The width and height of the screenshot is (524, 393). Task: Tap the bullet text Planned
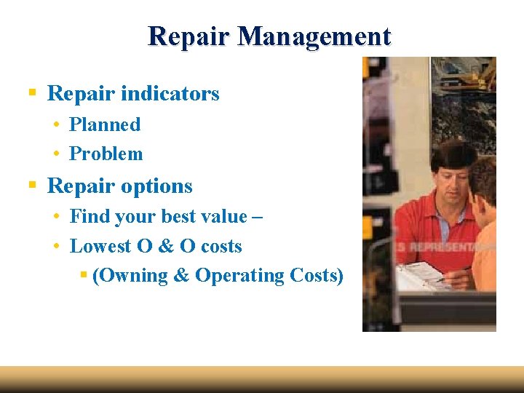click(x=105, y=124)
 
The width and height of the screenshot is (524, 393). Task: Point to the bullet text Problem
click(x=106, y=154)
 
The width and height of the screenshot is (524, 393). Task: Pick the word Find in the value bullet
click(x=87, y=216)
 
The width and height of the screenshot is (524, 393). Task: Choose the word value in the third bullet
click(x=218, y=216)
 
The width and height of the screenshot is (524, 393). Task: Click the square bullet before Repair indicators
click(x=32, y=93)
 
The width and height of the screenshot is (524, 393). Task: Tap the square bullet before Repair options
click(x=32, y=186)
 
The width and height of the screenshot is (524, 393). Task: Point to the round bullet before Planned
click(x=56, y=124)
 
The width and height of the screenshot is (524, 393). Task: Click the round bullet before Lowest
click(x=56, y=246)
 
